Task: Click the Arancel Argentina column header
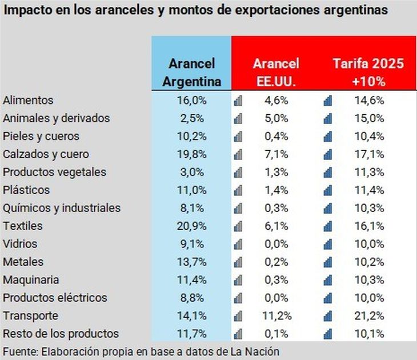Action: pyautogui.click(x=191, y=73)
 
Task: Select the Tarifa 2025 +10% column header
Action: pyautogui.click(x=368, y=73)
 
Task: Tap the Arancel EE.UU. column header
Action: pyautogui.click(x=276, y=73)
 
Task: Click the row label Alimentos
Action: pyautogui.click(x=28, y=101)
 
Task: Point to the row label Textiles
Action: pyautogui.click(x=23, y=226)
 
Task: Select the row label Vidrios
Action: pyautogui.click(x=20, y=244)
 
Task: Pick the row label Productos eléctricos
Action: pyautogui.click(x=55, y=298)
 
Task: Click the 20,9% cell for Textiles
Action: pyautogui.click(x=192, y=226)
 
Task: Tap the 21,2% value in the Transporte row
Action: pyautogui.click(x=368, y=316)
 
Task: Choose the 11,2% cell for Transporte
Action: pyautogui.click(x=276, y=316)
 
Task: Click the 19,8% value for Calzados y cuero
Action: pyautogui.click(x=192, y=154)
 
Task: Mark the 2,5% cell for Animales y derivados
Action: pyautogui.click(x=192, y=118)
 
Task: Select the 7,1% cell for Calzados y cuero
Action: pyautogui.click(x=276, y=154)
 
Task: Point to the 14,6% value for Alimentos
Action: pyautogui.click(x=368, y=101)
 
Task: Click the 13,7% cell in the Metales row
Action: pyautogui.click(x=192, y=262)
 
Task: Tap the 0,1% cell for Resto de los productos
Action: pyautogui.click(x=276, y=334)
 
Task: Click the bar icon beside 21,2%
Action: pyautogui.click(x=328, y=316)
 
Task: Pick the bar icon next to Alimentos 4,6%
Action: pyautogui.click(x=238, y=101)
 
